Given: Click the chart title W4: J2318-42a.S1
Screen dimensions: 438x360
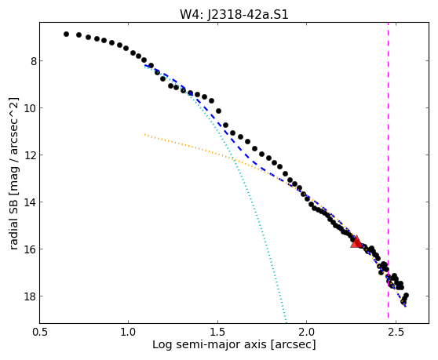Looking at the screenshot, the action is (234, 15).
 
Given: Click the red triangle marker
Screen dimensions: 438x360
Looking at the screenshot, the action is (356, 242).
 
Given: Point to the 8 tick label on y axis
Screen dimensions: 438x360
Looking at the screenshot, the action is (34, 61).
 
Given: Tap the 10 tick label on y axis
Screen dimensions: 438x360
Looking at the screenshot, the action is (30, 108).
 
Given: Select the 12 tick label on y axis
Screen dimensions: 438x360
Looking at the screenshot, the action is (30, 155).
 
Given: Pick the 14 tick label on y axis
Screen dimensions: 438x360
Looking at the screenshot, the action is (30, 202).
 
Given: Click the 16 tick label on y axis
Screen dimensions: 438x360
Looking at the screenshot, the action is (30, 249).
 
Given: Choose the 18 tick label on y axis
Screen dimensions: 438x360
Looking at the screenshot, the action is (30, 296).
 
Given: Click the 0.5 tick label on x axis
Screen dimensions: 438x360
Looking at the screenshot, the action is (40, 333).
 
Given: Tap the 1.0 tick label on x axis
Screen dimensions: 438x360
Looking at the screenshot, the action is (128, 333).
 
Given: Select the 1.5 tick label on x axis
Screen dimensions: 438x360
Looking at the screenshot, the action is (217, 333).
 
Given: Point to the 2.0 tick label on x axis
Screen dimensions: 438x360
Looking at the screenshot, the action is (307, 333).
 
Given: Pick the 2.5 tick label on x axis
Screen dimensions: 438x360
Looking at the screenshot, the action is (396, 333).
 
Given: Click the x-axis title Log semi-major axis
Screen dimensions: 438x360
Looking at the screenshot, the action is (210, 345).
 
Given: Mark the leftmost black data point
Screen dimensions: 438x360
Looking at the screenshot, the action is (66, 34).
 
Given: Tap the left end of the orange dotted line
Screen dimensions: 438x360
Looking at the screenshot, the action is (144, 135).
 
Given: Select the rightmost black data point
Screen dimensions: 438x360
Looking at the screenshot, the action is (406, 295).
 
